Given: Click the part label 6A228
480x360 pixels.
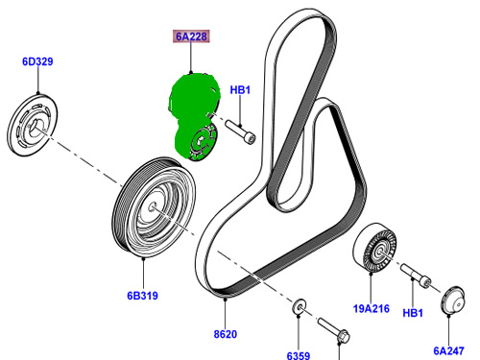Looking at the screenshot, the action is [191, 36].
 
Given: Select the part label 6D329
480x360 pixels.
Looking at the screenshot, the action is [37, 61].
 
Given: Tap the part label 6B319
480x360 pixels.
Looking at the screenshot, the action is [142, 296].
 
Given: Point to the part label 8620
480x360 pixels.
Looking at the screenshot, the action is [226, 334].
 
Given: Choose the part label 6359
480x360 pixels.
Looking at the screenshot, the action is [299, 355].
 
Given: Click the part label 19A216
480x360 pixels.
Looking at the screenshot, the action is [372, 308].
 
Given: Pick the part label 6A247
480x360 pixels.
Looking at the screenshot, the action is [448, 350].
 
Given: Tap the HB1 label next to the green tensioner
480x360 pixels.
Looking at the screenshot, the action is [240, 90].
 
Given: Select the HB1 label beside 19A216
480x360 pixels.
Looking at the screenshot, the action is [413, 312].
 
